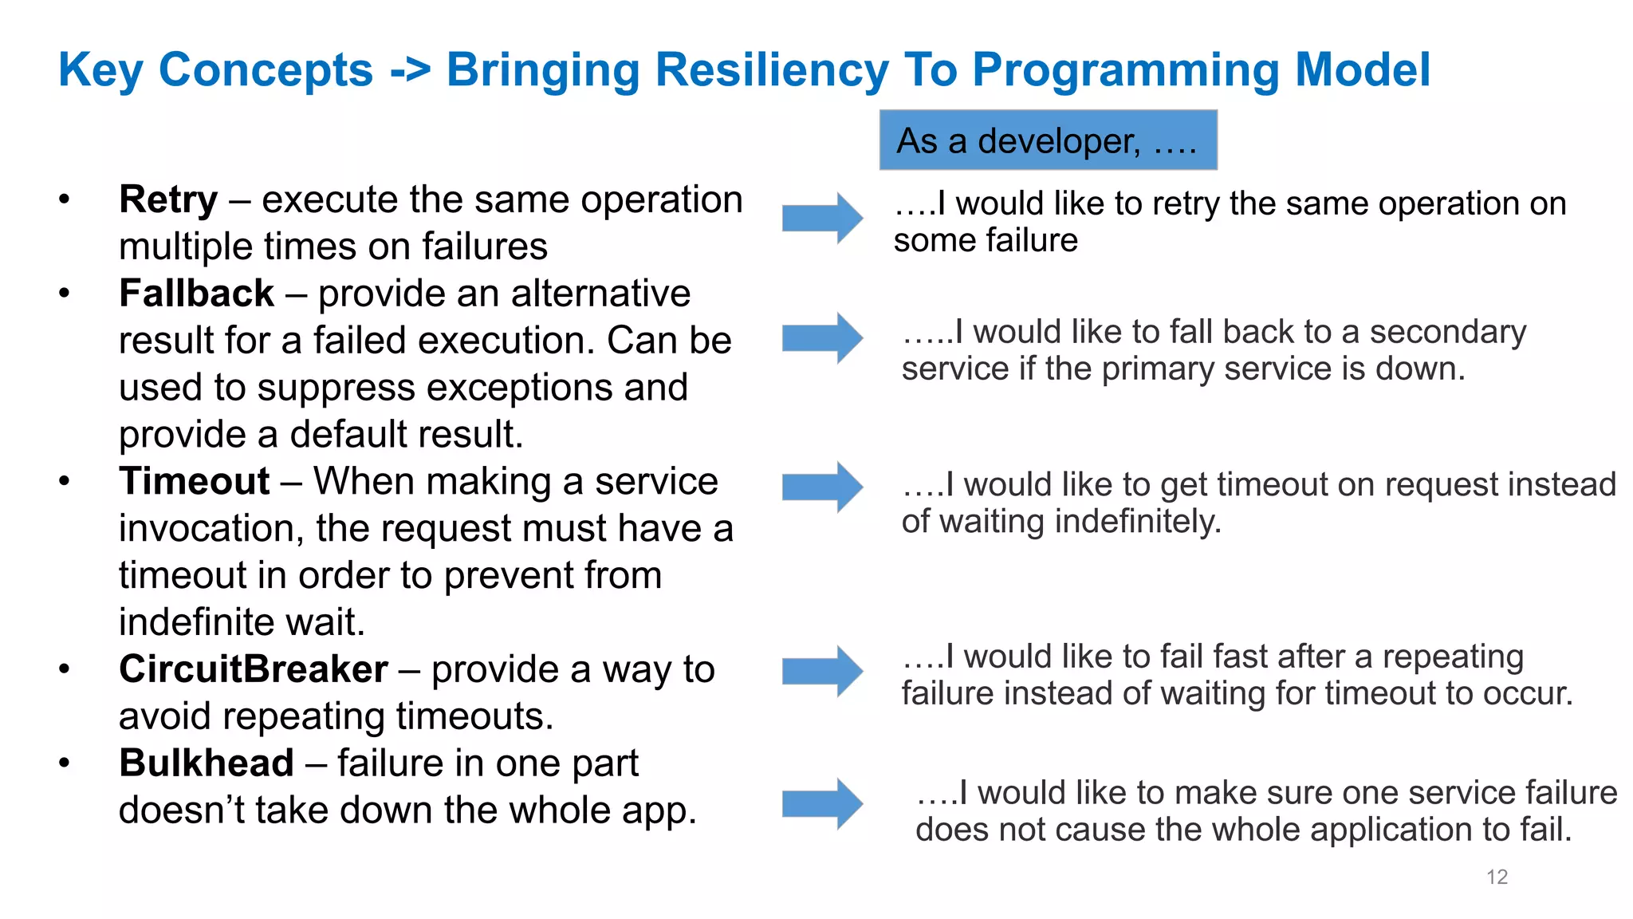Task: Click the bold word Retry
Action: [168, 200]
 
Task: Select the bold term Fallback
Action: [196, 294]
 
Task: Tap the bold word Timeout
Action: [195, 482]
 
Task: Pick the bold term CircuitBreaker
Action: [254, 669]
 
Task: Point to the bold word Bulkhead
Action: [207, 763]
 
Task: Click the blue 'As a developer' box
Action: [1048, 140]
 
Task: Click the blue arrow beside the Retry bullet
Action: [822, 218]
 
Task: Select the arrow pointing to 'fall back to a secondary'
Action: [822, 338]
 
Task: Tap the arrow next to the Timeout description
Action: [822, 487]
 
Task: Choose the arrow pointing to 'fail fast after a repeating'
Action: [822, 671]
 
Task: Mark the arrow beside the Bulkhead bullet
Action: [822, 803]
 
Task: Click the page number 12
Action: [1497, 877]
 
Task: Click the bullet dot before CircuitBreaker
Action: [65, 669]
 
